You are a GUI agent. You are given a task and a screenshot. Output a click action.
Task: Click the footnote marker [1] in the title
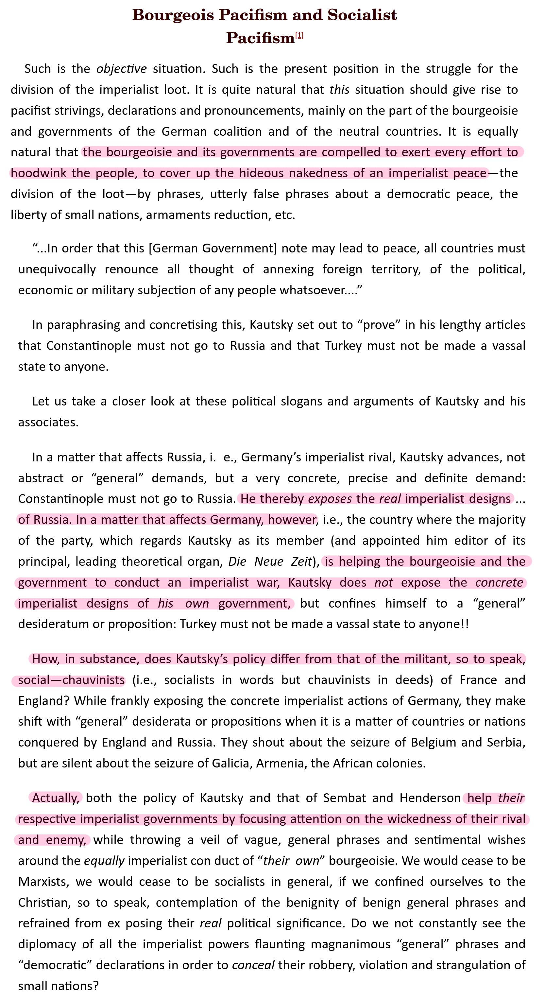(x=299, y=36)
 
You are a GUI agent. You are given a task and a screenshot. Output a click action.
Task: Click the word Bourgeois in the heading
(x=173, y=15)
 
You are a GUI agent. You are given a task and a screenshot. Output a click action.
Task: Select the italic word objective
(x=121, y=69)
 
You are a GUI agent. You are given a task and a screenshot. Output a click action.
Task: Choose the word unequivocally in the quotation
(x=57, y=269)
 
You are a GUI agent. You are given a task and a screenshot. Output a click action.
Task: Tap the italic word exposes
(x=330, y=499)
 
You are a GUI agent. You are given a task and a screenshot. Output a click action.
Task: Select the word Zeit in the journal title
(x=301, y=561)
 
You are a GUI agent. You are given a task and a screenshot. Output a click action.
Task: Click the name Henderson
(x=430, y=798)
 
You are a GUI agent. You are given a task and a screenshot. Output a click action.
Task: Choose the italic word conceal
(x=253, y=965)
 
